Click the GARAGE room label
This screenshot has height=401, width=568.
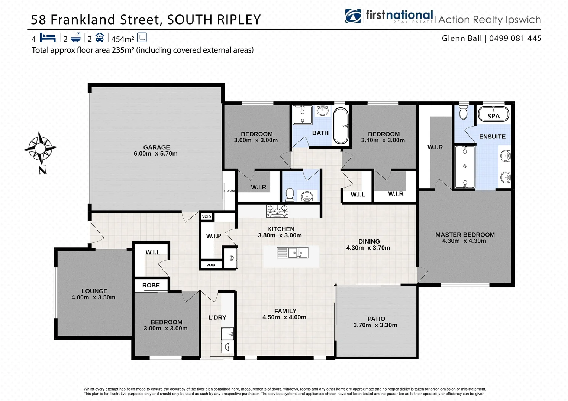[x=156, y=147]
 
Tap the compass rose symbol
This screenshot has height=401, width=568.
[x=40, y=149]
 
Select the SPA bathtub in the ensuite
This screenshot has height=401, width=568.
[x=493, y=114]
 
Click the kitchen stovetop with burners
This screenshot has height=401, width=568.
[x=277, y=211]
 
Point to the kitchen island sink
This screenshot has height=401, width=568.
[x=293, y=253]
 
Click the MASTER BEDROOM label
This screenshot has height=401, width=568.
[x=465, y=235]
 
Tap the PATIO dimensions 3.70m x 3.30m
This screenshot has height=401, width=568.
[x=375, y=325]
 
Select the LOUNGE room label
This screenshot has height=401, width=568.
[x=94, y=291]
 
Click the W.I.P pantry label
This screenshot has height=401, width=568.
[x=214, y=236]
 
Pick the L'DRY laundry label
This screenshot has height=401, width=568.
[x=217, y=317]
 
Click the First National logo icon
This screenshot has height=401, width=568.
[x=353, y=16]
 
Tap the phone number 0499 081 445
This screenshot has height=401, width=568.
[x=515, y=38]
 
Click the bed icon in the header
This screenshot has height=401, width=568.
[x=48, y=38]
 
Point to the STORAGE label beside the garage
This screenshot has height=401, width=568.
[x=229, y=191]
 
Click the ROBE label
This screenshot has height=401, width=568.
[x=151, y=285]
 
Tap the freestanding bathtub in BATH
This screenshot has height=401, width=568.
[x=341, y=125]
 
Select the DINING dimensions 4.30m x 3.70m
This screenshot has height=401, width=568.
[x=368, y=248]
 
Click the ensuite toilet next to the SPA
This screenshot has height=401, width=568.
[x=463, y=112]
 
